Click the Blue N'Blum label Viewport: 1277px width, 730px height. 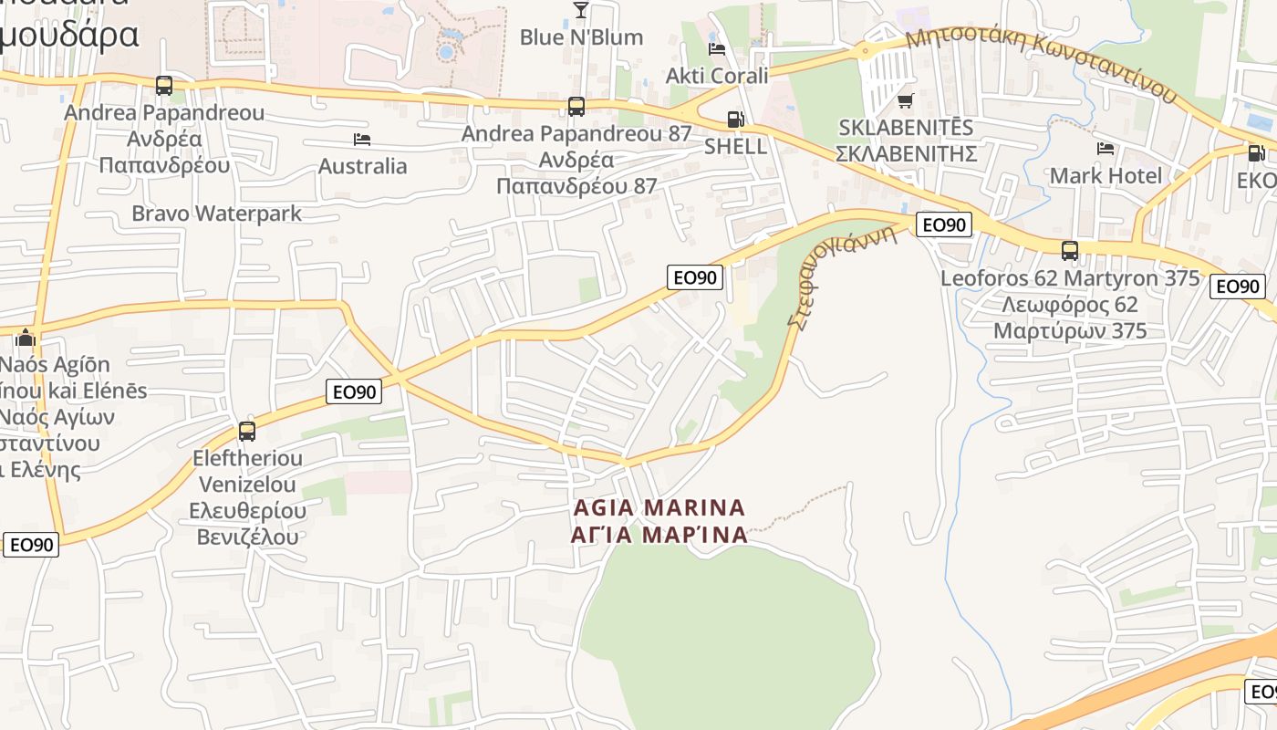point(581,37)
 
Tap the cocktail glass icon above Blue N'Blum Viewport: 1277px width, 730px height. point(580,10)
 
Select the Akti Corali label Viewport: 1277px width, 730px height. point(717,76)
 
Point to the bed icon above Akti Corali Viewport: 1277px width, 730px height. point(717,48)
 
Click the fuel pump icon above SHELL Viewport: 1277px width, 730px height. point(734,120)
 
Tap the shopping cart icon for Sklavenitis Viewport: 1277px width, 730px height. point(905,100)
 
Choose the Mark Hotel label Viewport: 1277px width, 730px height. point(1106,175)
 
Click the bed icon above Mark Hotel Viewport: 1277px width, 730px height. point(1106,148)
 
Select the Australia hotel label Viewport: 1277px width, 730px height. point(362,166)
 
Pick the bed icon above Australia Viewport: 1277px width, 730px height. point(362,140)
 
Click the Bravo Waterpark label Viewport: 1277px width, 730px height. point(216,214)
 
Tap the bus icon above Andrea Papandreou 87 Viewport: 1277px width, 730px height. point(576,107)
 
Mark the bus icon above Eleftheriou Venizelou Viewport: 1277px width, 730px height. point(247,432)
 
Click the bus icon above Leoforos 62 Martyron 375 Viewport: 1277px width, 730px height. point(1070,250)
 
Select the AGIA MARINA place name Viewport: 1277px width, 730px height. point(659,507)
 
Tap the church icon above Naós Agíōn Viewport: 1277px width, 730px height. point(25,339)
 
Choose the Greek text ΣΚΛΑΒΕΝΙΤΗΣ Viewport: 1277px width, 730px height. point(906,152)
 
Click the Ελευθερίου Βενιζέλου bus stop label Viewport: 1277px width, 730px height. point(248,524)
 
